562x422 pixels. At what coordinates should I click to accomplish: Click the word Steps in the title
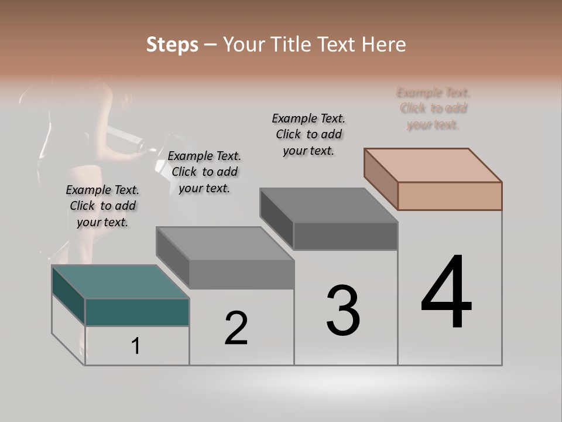172,45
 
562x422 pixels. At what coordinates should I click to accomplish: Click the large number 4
446,293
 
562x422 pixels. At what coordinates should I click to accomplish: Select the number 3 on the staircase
343,311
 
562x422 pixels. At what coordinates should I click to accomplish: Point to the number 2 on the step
236,328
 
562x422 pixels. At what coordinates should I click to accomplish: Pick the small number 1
136,346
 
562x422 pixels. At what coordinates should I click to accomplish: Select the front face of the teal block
137,312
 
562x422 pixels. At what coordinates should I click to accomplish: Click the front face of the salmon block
450,196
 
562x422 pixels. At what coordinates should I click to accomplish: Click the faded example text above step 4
433,108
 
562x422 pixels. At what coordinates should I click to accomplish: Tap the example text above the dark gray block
309,134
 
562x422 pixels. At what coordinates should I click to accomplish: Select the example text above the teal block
102,206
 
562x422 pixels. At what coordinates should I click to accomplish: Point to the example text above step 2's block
204,172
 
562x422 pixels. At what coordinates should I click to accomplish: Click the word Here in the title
384,45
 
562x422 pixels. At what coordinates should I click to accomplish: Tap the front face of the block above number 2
241,274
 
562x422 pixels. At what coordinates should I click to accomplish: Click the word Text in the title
339,45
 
